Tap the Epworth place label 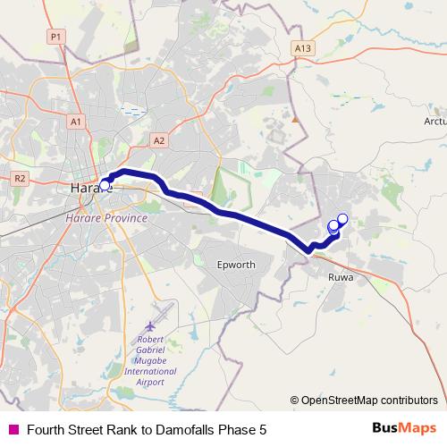point(236,266)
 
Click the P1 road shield point(55,37)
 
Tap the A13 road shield point(303,48)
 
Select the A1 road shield point(75,122)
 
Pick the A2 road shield point(159,140)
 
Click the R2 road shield point(20,178)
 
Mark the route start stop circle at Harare point(105,185)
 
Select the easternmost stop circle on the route point(342,218)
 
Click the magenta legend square point(13,428)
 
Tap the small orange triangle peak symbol point(294,117)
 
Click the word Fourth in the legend point(46,428)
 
